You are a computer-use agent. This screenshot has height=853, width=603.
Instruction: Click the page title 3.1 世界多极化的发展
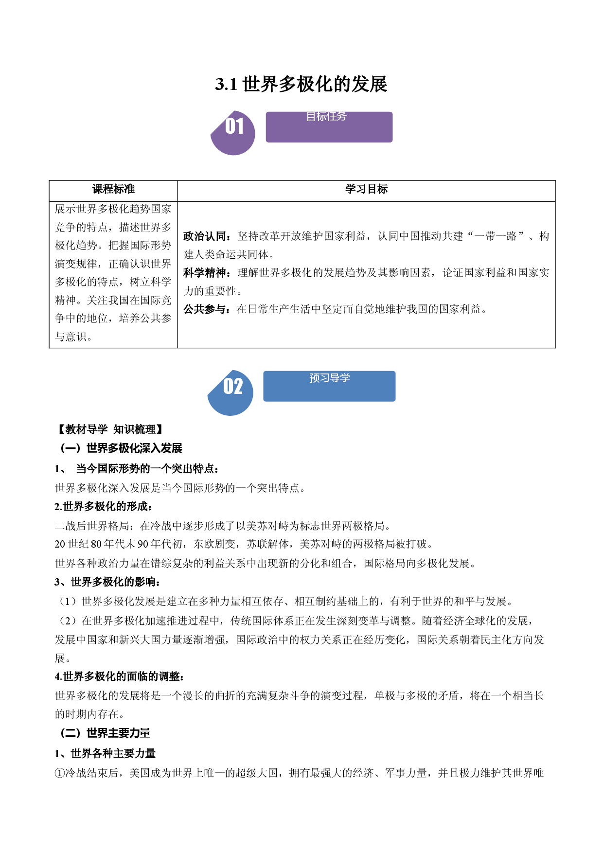pos(301,84)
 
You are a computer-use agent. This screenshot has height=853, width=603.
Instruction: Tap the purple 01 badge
pos(233,133)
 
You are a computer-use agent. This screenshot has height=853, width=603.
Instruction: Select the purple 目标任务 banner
pos(329,127)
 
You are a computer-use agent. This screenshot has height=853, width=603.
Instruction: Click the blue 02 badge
pos(231,393)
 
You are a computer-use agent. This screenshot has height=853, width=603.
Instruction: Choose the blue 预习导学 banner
pos(329,386)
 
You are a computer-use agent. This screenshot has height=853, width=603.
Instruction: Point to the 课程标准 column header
pos(113,189)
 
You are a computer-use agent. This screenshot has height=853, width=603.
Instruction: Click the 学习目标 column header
pos(366,189)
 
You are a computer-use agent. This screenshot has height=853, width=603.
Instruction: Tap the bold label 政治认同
pos(204,236)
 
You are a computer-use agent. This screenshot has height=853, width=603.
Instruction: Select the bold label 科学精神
pos(204,273)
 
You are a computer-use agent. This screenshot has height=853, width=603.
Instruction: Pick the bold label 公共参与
pos(204,309)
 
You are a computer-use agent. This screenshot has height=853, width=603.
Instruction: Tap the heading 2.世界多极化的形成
pos(104,507)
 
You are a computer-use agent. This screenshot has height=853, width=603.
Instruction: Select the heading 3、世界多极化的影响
pos(107,582)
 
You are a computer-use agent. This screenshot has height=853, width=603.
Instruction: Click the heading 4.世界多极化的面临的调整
pos(120,676)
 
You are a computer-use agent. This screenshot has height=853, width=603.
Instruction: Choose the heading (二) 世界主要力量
pos(105,733)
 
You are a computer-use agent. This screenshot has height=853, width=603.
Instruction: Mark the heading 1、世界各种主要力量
pos(105,754)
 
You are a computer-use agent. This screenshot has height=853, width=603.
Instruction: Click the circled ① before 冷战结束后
pos(60,773)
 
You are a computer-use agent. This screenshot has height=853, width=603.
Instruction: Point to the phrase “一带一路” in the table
pos(496,236)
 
